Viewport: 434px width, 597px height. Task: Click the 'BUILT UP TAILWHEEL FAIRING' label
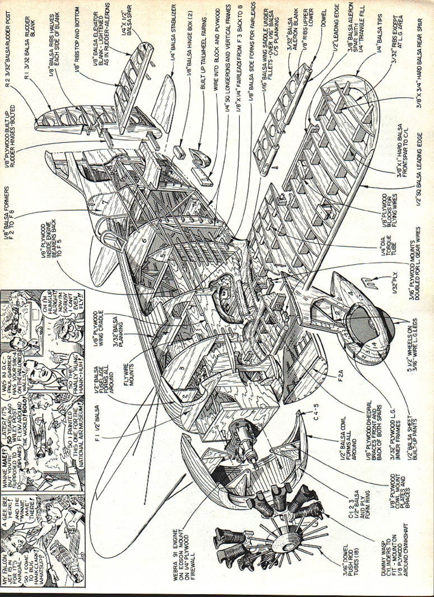204,47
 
